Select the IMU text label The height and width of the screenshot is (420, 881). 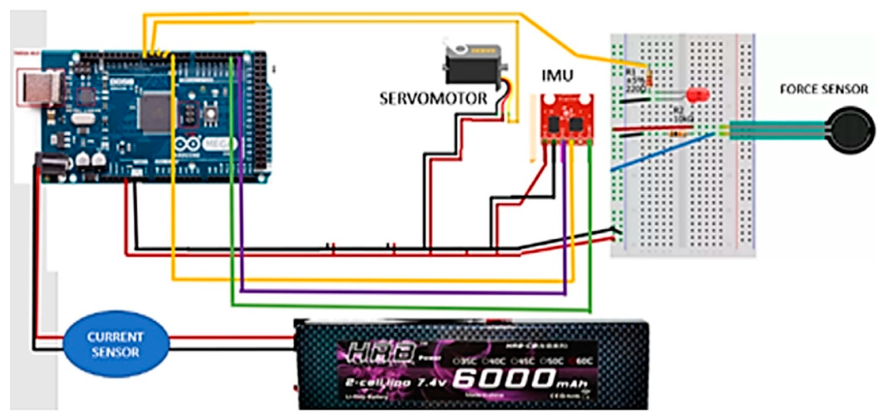(x=557, y=76)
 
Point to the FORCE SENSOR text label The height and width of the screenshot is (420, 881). (x=824, y=90)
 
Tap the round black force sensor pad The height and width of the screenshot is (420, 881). (x=850, y=130)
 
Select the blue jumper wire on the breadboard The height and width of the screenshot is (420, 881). (x=662, y=152)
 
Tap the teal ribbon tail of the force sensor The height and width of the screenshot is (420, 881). (x=776, y=130)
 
